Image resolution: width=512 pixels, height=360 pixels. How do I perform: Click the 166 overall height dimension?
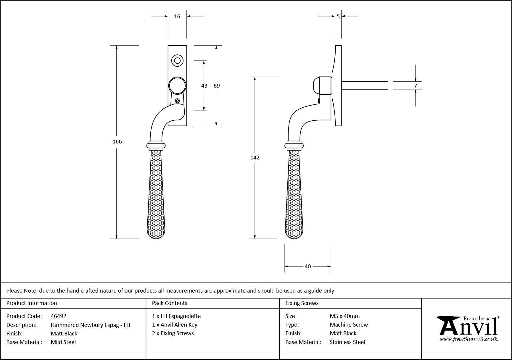[117, 142]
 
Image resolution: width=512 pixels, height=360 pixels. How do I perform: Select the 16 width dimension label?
[177, 17]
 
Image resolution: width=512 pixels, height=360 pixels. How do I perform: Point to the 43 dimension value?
[204, 86]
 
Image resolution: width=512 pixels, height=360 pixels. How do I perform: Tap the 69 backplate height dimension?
[217, 86]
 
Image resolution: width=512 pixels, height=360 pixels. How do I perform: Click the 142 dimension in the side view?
[255, 158]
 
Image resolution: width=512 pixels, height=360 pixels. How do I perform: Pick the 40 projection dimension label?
[308, 267]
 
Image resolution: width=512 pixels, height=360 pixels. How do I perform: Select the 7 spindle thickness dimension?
[416, 86]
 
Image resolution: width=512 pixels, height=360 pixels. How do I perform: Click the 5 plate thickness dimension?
[338, 17]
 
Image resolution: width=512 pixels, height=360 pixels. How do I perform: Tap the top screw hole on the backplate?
[177, 61]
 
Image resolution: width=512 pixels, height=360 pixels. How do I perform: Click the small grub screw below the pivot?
[177, 101]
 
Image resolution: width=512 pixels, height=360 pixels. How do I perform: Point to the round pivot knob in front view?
[177, 86]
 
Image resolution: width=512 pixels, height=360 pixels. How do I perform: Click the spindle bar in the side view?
[365, 85]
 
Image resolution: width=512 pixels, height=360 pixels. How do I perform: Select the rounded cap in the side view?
[316, 85]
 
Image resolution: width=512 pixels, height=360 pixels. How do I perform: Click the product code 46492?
[59, 316]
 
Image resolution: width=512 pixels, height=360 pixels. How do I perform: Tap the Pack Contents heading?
[170, 303]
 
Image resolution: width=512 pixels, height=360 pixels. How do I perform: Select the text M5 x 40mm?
[345, 316]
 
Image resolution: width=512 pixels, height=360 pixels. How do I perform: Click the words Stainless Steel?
[347, 342]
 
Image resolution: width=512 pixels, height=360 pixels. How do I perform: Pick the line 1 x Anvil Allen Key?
[175, 325]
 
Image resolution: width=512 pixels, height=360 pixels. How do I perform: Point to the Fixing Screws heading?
[302, 303]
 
